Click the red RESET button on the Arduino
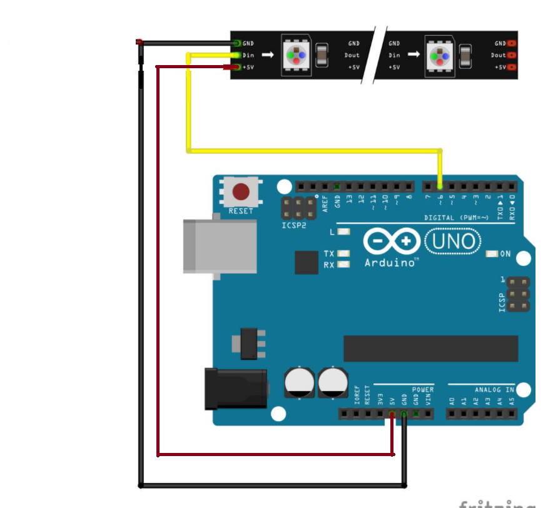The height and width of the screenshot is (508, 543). coord(240,191)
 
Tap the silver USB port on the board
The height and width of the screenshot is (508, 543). coord(220,245)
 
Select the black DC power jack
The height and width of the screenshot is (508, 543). coord(236,389)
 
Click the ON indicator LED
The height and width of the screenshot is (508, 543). coord(492,254)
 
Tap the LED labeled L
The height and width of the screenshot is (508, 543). coord(343,232)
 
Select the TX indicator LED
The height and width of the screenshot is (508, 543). coord(343,253)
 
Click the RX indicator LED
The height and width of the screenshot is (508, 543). coord(343,265)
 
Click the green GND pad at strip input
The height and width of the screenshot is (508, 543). coord(236,43)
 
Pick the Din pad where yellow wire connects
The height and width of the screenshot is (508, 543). coord(236,55)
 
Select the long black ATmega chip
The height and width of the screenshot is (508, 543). coord(430,348)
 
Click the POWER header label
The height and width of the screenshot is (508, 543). coord(423,390)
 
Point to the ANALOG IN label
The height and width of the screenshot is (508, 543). coord(494,390)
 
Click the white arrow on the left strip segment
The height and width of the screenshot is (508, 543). coord(268,55)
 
